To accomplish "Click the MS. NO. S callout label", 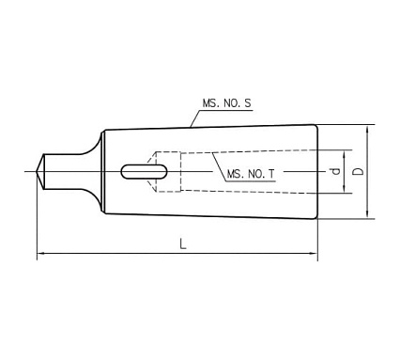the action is pos(226,103).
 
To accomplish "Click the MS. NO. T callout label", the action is pos(251,174).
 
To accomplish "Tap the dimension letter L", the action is pos(183,243).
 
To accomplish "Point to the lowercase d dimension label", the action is pos(335,171).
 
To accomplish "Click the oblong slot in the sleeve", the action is pos(144,172).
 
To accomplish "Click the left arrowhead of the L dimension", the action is pos(41,253).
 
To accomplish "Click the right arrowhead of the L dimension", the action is pos(314,253).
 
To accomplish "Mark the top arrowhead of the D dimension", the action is pos(367,129).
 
